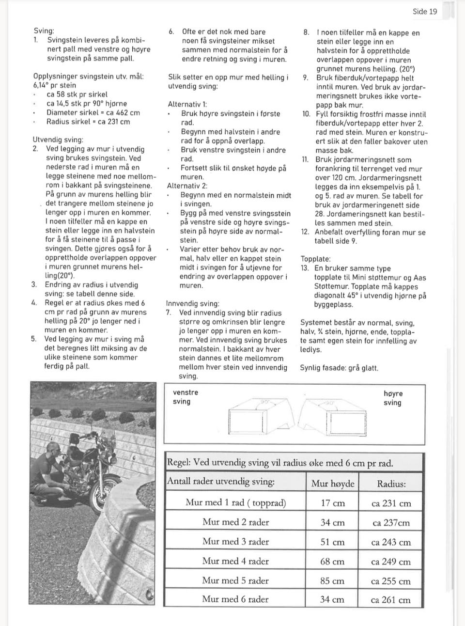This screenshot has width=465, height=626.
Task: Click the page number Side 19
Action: [425, 12]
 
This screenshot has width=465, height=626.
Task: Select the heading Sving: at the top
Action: [44, 31]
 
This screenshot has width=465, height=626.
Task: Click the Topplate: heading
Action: [315, 259]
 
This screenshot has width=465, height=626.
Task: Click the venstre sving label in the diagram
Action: [186, 397]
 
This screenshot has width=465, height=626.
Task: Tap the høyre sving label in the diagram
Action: [393, 398]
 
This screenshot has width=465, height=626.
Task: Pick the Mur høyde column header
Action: [332, 484]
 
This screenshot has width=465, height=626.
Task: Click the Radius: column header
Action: [391, 484]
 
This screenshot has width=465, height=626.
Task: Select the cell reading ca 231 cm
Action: [391, 503]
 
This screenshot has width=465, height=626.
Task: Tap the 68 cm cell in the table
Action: [332, 562]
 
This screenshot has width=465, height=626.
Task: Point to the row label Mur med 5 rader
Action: [235, 580]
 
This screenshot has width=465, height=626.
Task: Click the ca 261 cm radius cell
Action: [390, 600]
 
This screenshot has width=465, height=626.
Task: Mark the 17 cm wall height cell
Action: [332, 503]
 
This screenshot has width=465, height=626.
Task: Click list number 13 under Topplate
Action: [305, 268]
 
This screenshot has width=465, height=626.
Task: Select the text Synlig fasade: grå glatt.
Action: [339, 368]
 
